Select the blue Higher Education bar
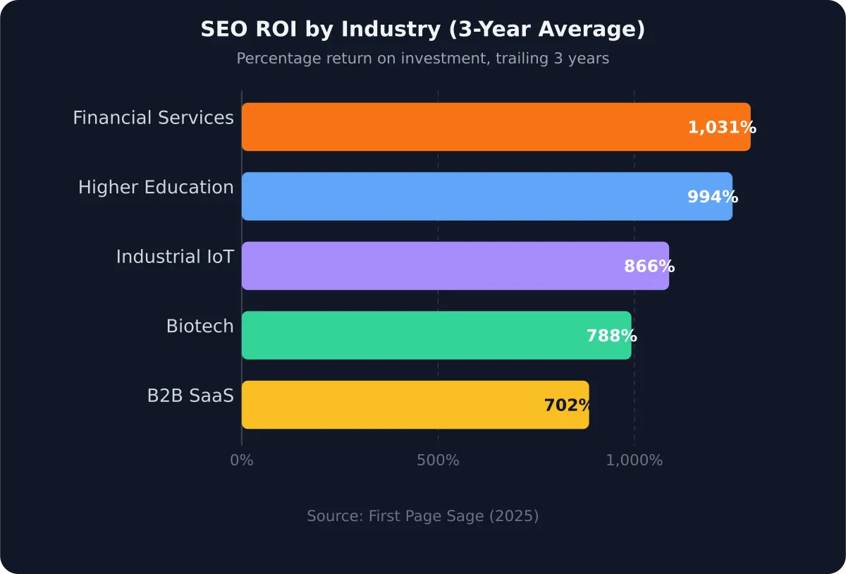458,196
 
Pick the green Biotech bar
409,335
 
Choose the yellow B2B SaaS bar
388,405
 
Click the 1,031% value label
721,128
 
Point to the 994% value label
712,197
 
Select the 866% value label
649,267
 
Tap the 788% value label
611,336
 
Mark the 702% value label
568,405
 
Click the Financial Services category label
153,118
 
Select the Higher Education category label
156,188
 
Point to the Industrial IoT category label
175,257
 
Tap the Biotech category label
200,326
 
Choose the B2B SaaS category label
190,396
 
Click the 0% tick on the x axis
242,460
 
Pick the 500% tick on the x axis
438,460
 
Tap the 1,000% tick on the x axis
634,460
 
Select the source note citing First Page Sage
423,516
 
